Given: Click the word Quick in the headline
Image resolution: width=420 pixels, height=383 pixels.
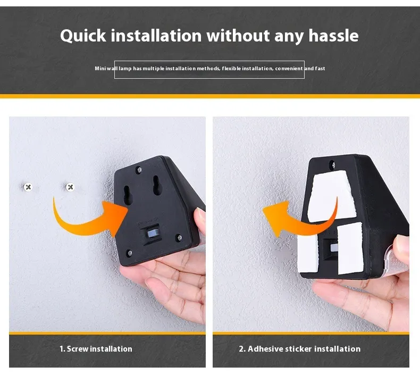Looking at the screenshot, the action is (x=83, y=36).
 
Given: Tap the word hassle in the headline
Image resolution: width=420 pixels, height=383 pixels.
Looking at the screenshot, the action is (x=333, y=36).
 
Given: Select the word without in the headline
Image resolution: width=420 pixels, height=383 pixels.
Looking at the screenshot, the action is (x=238, y=36).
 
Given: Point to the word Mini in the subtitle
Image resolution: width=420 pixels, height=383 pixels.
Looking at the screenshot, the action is (x=100, y=69).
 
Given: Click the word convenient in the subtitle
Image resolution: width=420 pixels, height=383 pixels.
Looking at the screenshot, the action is (x=289, y=69).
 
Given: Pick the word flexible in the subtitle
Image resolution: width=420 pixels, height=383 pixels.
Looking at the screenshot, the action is (x=231, y=69).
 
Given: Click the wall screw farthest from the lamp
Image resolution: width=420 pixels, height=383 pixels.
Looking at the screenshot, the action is (x=28, y=187).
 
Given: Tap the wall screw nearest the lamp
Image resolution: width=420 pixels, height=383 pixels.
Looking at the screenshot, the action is (x=70, y=187).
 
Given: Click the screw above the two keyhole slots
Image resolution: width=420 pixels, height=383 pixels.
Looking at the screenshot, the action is (x=139, y=169).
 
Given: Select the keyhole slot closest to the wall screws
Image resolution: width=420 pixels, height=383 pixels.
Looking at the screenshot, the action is (x=128, y=195).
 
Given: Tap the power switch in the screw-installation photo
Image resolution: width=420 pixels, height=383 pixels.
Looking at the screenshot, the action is (x=152, y=234).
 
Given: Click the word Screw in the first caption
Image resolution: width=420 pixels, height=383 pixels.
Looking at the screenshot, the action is (x=78, y=349).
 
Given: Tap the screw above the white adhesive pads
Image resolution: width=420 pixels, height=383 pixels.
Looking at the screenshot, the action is (x=332, y=164).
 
